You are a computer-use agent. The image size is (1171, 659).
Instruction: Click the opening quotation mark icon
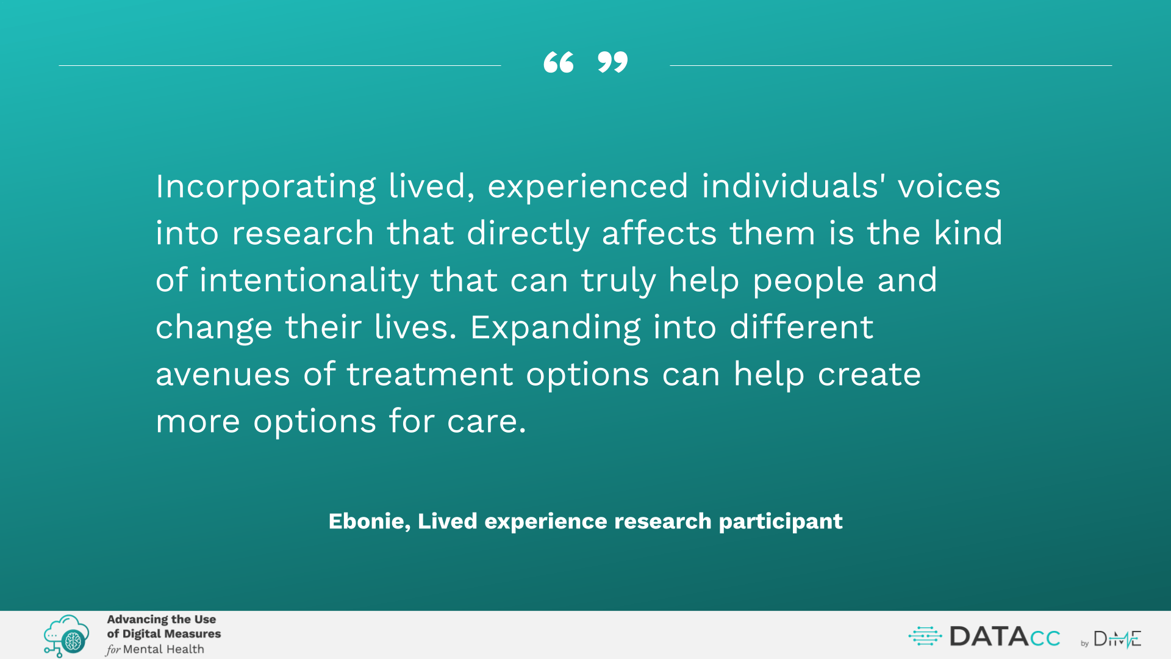point(559,62)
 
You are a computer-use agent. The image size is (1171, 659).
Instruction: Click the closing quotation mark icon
point(612,62)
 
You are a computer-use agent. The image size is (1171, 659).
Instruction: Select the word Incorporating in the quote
point(266,187)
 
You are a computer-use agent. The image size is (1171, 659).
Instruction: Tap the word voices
point(949,186)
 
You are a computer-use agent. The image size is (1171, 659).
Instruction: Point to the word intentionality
point(309,281)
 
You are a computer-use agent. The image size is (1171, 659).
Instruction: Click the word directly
point(528,234)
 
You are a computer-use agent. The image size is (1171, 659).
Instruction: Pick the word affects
point(659,233)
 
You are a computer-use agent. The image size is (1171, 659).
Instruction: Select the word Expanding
point(555,328)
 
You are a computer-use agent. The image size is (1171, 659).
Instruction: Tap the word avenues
point(223,375)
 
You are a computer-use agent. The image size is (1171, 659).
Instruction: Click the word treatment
point(430,374)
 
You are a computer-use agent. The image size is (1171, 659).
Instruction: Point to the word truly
point(618,281)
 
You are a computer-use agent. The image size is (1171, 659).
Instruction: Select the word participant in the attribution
point(781,522)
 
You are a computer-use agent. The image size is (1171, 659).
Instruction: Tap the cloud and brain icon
point(66,635)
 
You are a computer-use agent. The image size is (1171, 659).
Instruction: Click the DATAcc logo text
point(1004,637)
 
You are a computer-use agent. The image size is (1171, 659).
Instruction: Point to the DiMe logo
point(1117,638)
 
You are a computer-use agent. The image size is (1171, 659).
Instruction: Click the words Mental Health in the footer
point(163,649)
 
